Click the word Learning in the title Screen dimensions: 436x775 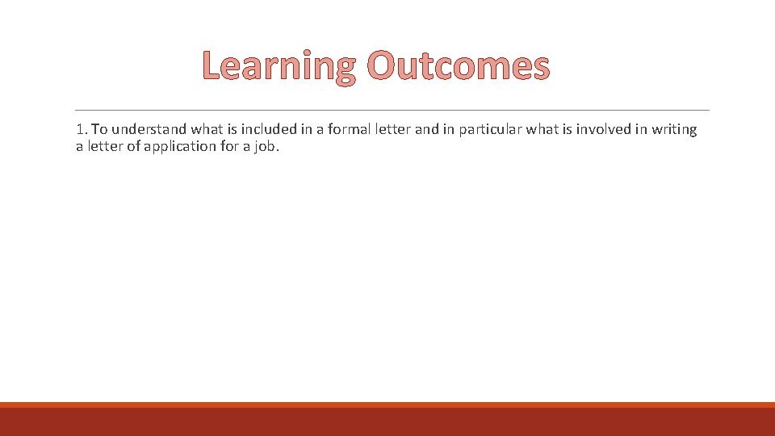click(x=279, y=66)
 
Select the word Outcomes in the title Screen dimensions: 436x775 click(x=458, y=66)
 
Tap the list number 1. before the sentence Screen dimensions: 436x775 click(x=82, y=129)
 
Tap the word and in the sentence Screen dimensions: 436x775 click(x=427, y=129)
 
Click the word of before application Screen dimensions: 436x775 click(x=131, y=146)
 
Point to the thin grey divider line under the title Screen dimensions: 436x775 click(x=392, y=111)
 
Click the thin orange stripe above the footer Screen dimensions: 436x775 click(x=387, y=405)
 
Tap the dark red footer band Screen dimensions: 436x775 click(x=387, y=422)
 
